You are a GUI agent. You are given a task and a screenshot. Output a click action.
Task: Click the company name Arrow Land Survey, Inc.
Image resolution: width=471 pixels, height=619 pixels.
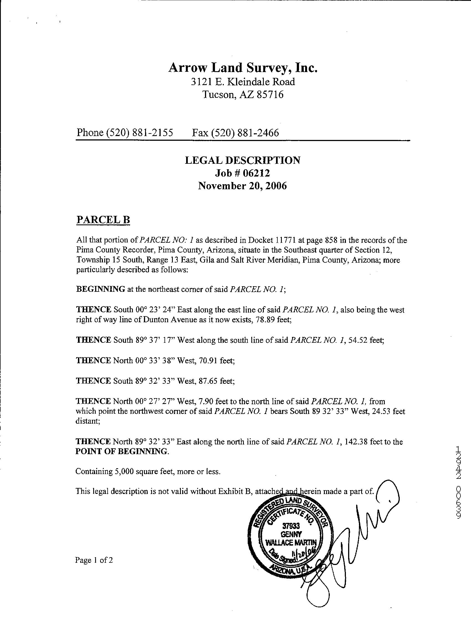[x=243, y=68]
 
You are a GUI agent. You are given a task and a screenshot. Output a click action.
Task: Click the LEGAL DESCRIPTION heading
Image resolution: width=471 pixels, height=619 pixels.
[x=242, y=160]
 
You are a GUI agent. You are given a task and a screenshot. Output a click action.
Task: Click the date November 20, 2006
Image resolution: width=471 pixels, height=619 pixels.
[x=242, y=186]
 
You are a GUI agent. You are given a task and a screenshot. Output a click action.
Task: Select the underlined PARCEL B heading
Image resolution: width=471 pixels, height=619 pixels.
[x=103, y=220]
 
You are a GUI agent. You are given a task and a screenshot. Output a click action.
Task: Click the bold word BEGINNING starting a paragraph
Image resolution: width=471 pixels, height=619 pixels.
[x=100, y=289]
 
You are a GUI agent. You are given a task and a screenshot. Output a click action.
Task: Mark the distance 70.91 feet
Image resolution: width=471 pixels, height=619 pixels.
[x=208, y=360]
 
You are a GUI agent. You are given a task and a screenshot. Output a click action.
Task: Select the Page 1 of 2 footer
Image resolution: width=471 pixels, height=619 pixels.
[x=94, y=560]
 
